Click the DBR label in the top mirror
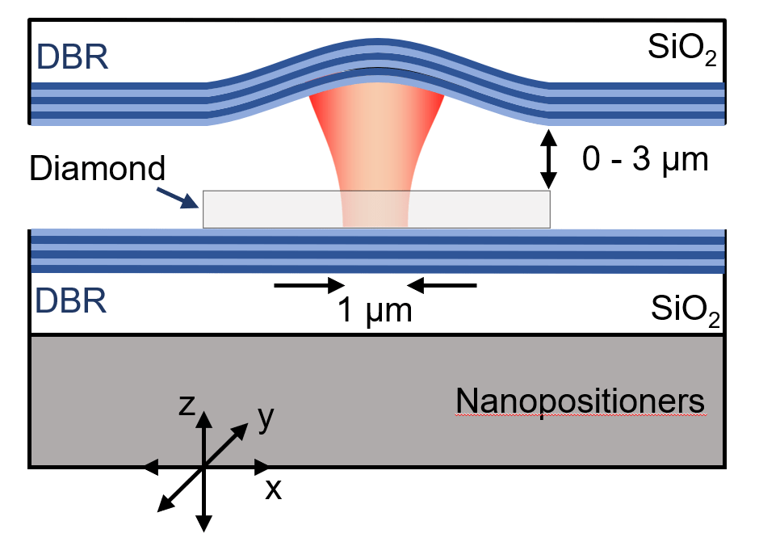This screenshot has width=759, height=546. point(72,58)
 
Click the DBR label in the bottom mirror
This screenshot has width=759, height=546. point(72,303)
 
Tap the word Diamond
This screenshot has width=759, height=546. point(96,170)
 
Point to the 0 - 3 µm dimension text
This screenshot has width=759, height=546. point(645,160)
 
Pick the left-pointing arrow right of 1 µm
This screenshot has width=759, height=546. point(442,284)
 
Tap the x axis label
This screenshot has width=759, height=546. point(274,489)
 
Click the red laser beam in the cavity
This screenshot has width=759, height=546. point(376,145)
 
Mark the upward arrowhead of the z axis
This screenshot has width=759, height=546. point(204,418)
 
